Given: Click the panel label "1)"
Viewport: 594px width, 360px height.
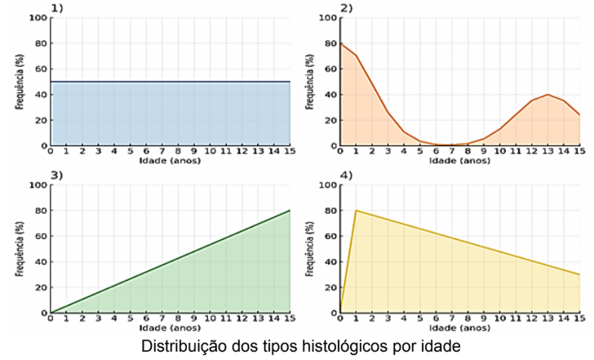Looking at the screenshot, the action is point(57,8).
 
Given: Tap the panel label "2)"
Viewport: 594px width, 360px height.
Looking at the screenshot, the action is point(347,8).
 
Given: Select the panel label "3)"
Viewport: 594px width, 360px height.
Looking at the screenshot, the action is point(57,175).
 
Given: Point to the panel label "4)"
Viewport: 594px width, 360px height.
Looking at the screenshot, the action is point(347,175).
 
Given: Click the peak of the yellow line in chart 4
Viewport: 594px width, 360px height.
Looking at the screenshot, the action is point(356,211).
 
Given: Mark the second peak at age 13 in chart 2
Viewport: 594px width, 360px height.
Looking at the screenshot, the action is point(547,95).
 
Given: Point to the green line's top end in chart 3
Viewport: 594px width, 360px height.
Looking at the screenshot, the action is point(290,211).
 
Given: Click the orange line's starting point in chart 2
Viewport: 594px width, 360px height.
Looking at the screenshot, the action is point(340,43).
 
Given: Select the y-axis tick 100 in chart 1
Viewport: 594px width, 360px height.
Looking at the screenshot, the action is point(38,18).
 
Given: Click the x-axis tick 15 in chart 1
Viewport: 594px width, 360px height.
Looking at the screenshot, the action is point(290,151).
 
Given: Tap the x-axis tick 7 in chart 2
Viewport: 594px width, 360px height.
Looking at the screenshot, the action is point(452,151).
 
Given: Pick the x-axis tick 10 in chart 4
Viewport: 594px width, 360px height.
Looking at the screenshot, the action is point(499,318).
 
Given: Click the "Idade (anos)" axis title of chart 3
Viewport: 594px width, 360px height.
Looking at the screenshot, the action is point(170,328).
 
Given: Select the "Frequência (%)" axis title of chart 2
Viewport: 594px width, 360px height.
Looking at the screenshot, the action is point(310,82).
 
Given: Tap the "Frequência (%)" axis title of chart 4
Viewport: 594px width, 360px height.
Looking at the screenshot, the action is point(310,249).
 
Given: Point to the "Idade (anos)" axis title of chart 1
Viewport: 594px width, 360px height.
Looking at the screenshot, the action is point(170,161).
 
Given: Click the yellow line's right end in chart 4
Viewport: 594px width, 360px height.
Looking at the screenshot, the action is point(579,274).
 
